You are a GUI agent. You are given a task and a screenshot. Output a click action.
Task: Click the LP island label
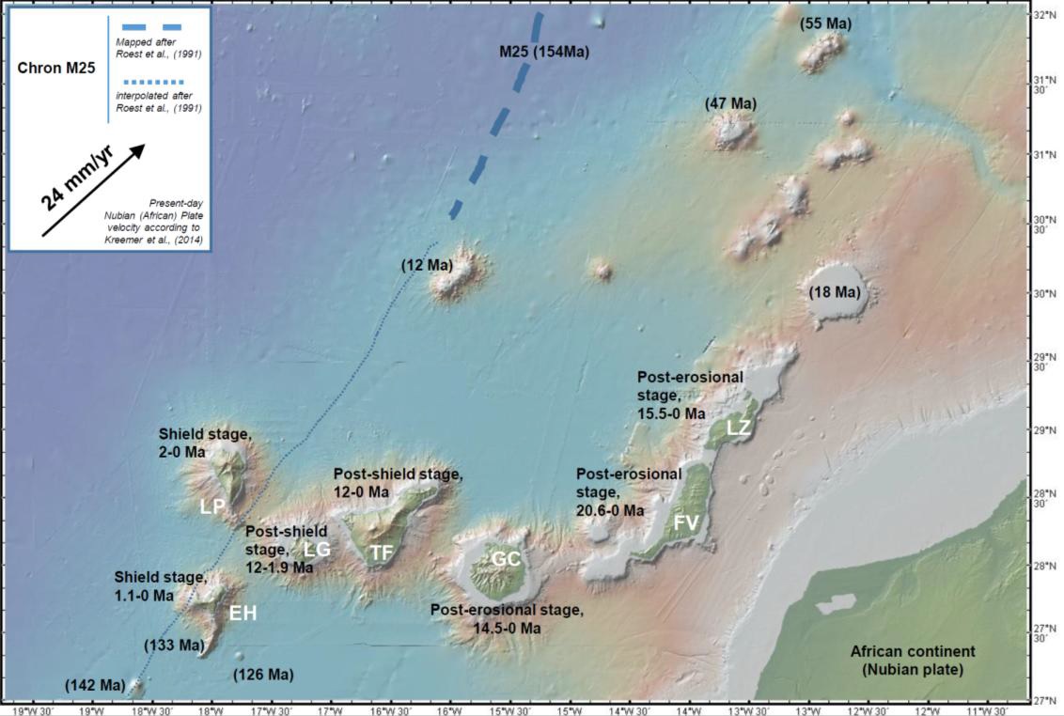tap(212, 506)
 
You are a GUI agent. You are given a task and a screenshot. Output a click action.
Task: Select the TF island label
tap(381, 553)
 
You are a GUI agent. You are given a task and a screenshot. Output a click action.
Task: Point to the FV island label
tap(686, 521)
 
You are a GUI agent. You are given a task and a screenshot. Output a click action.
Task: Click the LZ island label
tap(740, 428)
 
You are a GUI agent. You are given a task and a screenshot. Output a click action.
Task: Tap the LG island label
tap(317, 549)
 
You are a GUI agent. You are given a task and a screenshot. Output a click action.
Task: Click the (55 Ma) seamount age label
tap(825, 23)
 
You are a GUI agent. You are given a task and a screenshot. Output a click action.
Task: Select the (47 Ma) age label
tap(730, 103)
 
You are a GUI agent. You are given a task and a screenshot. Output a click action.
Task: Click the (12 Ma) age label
tap(427, 266)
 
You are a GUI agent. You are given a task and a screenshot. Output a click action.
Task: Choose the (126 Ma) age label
tap(263, 675)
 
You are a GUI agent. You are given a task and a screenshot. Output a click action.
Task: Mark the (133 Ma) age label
tap(174, 646)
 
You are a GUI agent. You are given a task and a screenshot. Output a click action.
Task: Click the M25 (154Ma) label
tap(543, 51)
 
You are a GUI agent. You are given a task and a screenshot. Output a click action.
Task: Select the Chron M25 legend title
tap(56, 68)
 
